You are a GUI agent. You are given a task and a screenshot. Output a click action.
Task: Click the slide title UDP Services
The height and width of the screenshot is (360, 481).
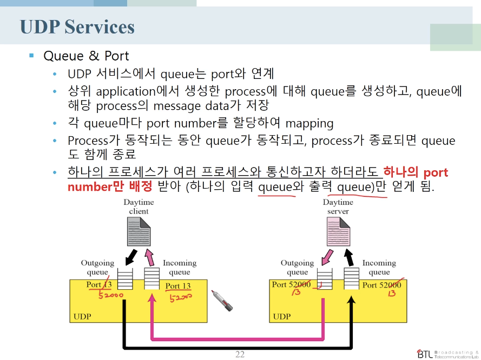tap(77, 27)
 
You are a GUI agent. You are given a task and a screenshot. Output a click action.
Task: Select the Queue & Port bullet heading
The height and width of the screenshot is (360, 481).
tap(86, 56)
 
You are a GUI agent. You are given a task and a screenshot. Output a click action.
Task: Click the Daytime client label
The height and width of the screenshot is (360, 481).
tap(139, 206)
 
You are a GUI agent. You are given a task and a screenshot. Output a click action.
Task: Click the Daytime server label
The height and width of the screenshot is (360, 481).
tap(338, 206)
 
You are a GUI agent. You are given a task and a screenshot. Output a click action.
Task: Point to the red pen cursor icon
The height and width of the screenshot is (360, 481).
tap(222, 301)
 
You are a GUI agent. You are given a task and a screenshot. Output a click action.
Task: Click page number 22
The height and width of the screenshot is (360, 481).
tap(240, 355)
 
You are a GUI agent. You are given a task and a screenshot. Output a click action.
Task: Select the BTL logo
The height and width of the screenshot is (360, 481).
tap(444, 352)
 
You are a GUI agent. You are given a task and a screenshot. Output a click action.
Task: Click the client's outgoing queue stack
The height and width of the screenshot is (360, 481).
tap(125, 279)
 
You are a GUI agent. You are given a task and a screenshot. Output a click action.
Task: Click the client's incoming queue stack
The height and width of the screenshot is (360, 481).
tap(152, 279)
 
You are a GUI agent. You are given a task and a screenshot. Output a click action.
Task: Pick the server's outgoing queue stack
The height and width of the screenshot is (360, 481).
tap(324, 279)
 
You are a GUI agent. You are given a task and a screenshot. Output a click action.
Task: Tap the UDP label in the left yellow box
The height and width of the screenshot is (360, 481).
tap(82, 316)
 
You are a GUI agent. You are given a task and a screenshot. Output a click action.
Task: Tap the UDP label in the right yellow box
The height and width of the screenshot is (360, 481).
tap(281, 316)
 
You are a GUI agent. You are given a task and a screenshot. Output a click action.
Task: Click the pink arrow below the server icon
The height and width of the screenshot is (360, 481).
tap(328, 255)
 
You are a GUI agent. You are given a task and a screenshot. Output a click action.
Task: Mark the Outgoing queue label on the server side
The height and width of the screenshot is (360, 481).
tap(297, 267)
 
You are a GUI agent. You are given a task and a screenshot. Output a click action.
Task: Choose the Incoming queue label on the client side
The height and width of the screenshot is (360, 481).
tap(180, 267)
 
